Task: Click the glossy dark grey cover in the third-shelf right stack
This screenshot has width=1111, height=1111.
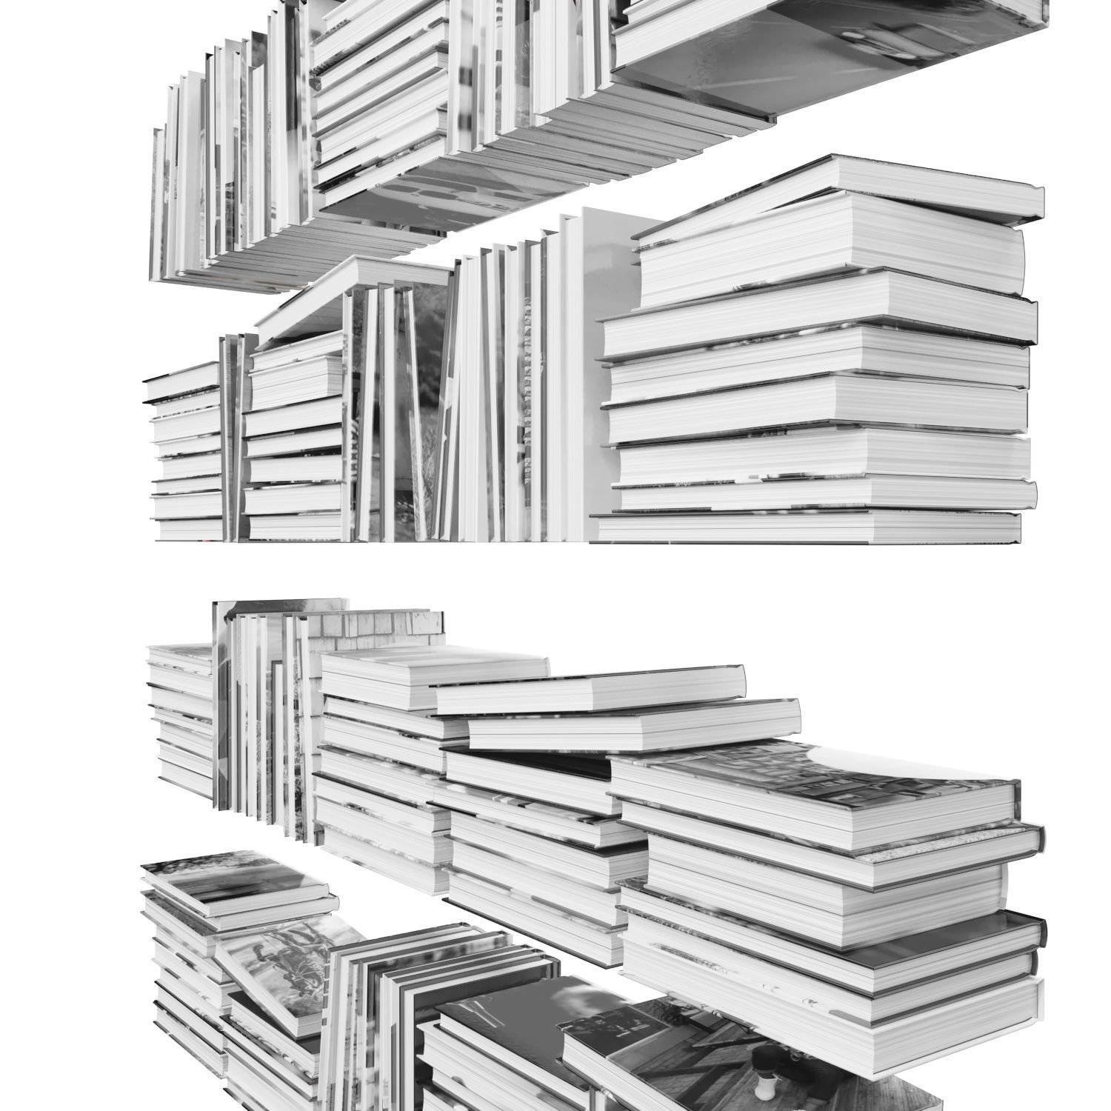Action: [985, 926]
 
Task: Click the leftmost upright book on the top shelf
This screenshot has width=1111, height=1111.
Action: [157, 200]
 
